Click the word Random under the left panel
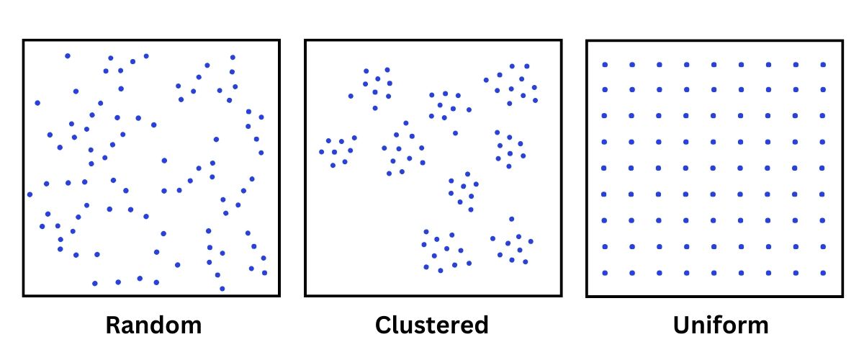[153, 325]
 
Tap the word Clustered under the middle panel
[432, 325]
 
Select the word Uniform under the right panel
[721, 325]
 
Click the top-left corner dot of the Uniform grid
[605, 65]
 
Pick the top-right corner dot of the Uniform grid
[823, 65]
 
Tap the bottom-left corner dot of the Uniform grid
[605, 273]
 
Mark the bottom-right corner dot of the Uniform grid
[823, 273]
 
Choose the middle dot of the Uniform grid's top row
[714, 65]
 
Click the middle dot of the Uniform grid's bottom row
[714, 273]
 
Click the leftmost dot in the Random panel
[30, 194]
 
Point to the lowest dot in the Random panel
[222, 289]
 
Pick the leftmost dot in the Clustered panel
[322, 152]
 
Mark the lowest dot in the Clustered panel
[441, 271]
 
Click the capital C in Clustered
[384, 325]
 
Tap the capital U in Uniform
[682, 325]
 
